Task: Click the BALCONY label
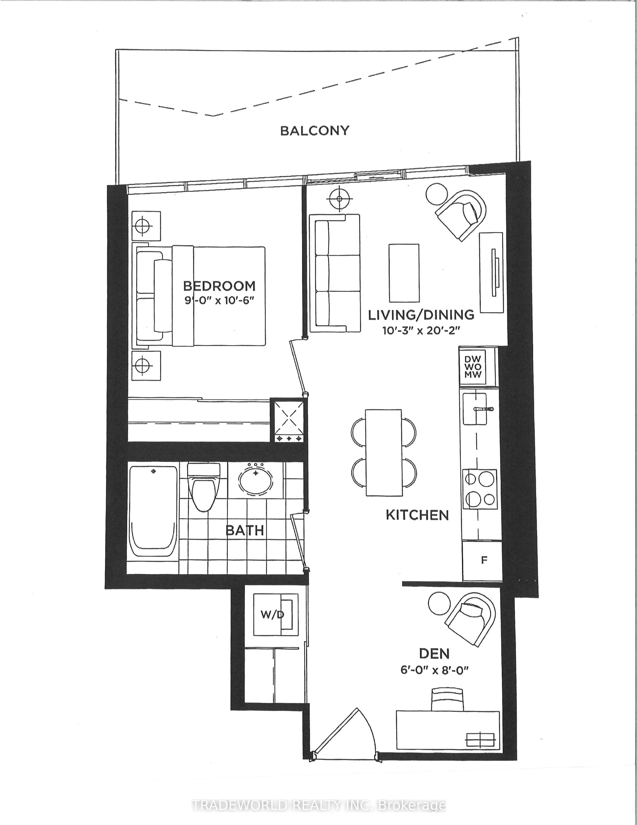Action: point(315,131)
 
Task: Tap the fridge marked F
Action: point(482,561)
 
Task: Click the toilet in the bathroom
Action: point(204,487)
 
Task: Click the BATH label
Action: point(245,531)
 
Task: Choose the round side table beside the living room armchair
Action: point(437,194)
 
